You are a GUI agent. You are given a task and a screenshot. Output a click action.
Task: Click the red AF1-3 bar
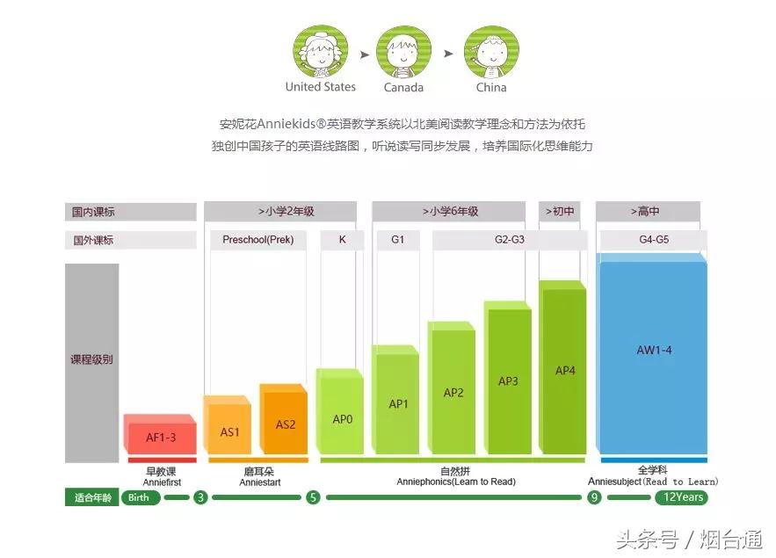pos(160,436)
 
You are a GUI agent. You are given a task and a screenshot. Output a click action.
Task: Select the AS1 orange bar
pos(229,431)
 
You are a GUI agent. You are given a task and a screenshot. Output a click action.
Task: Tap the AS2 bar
pos(285,424)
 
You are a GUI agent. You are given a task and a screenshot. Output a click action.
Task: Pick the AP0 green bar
pos(342,418)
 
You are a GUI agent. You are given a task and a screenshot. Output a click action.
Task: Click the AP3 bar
pos(508,380)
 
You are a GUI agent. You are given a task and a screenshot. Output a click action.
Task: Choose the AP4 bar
pos(564,370)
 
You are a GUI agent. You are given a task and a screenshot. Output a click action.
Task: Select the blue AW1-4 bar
pos(653,350)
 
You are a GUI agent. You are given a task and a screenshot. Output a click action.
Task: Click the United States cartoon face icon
pos(320,51)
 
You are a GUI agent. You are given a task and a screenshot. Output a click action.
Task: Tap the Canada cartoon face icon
pos(403,53)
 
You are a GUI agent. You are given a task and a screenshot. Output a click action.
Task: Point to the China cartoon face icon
pos(490,52)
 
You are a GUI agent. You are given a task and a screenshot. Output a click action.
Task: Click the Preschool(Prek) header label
pos(257,239)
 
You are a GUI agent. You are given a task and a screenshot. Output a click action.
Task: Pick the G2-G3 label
pos(509,239)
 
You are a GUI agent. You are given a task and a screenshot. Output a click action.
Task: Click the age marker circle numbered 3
pos(200,497)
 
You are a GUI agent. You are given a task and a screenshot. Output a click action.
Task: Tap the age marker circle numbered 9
pos(594,497)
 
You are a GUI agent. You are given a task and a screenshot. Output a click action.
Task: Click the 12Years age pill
pos(682,497)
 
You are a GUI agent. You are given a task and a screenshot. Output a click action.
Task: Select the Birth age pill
pos(139,497)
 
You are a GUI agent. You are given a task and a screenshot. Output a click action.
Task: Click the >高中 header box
pos(647,212)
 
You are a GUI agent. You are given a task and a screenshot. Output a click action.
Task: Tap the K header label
pos(342,239)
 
